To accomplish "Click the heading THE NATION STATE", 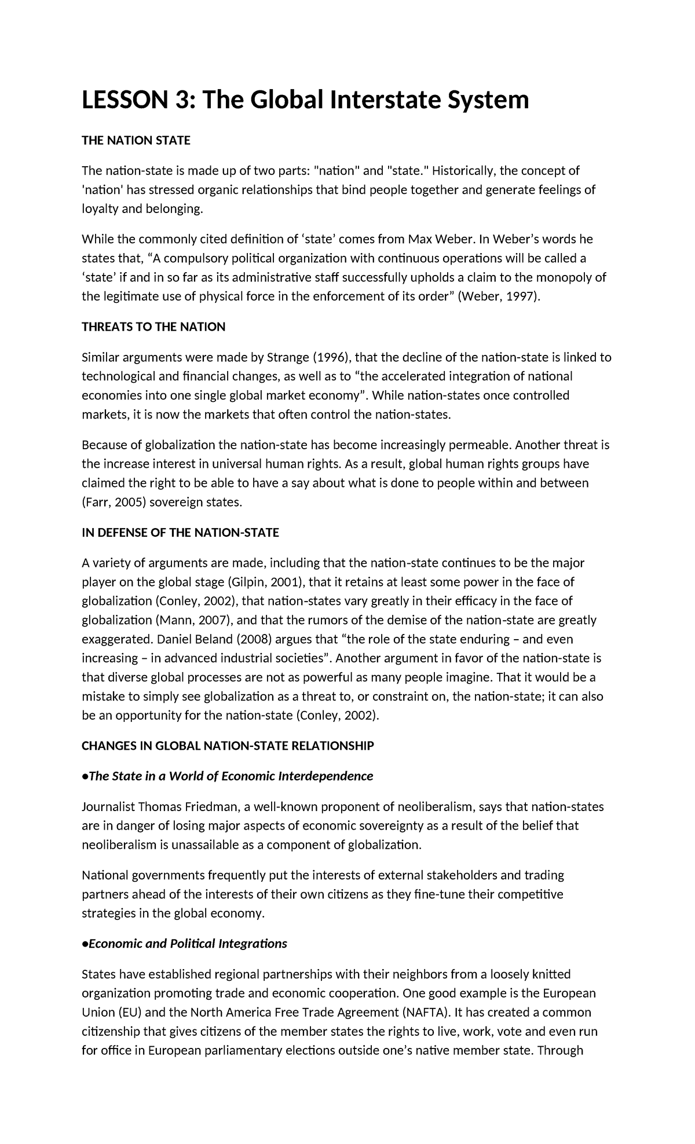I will click(x=136, y=140).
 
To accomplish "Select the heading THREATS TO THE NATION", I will click(x=153, y=327).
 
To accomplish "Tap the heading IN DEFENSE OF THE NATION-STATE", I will click(x=180, y=533).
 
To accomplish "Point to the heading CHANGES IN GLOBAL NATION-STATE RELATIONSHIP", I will click(x=228, y=746).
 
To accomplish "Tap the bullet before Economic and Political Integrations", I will click(x=85, y=944).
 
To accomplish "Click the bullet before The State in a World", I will click(x=85, y=776).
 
